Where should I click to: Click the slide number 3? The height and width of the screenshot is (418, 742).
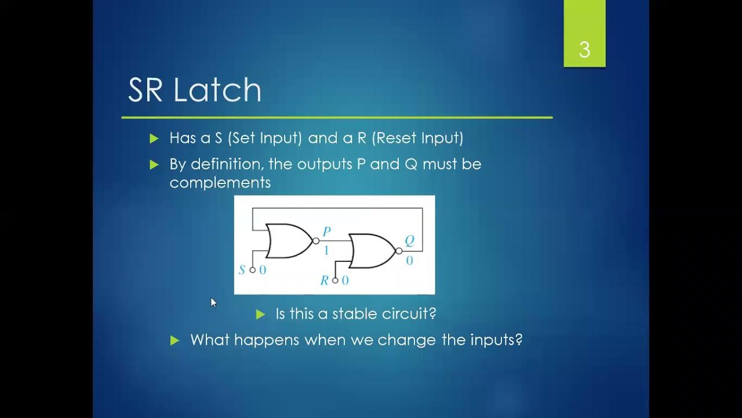(x=584, y=50)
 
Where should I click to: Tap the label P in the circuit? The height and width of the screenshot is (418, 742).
(x=326, y=232)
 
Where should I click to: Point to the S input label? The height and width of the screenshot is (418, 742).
(x=242, y=270)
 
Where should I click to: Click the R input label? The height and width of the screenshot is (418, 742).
(x=325, y=281)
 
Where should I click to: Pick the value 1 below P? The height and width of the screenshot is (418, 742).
(x=326, y=251)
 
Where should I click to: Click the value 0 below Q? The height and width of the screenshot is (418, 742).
(x=409, y=261)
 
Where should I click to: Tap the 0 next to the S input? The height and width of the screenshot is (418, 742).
(x=263, y=270)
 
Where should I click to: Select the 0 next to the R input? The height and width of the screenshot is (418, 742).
(x=345, y=281)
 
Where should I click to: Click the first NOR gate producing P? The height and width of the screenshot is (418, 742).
(x=288, y=240)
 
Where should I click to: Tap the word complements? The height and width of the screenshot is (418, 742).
(x=220, y=182)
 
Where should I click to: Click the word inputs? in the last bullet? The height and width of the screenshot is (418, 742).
(x=495, y=340)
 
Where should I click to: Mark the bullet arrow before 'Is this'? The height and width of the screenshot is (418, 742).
(x=260, y=314)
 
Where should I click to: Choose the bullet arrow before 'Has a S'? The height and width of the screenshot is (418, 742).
(x=154, y=139)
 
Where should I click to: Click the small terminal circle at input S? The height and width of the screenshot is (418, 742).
(x=252, y=270)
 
